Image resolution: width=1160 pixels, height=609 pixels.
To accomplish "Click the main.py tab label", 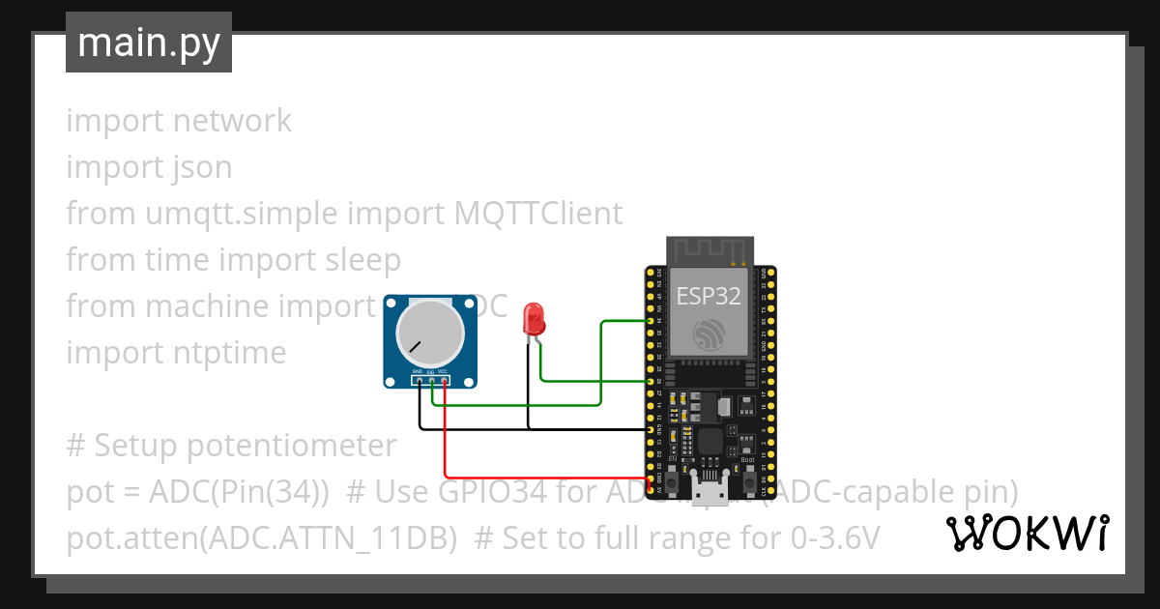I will click(148, 43).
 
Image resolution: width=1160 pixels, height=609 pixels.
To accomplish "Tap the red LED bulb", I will click(533, 318).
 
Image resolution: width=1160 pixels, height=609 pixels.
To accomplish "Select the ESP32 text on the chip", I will click(709, 296).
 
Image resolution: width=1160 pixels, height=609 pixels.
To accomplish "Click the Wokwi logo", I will click(1027, 533).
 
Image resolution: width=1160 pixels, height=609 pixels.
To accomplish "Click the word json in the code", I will click(203, 167).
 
